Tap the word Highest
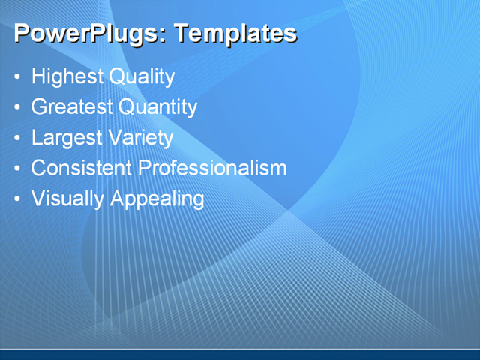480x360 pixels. coord(67,76)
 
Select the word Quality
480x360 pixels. coord(142,76)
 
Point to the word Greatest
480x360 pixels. coord(71,107)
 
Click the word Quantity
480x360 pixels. coord(157,107)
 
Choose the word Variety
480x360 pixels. coord(141,138)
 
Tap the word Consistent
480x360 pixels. coord(82,168)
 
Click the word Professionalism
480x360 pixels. coord(213,168)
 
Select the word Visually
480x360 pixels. coord(67,199)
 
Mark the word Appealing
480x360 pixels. coord(157,199)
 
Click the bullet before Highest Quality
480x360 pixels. coord(18,77)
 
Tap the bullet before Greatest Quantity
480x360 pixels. coord(18,108)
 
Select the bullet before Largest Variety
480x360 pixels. coord(18,139)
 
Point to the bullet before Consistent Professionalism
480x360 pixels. coord(18,169)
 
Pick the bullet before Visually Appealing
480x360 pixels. coord(18,199)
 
